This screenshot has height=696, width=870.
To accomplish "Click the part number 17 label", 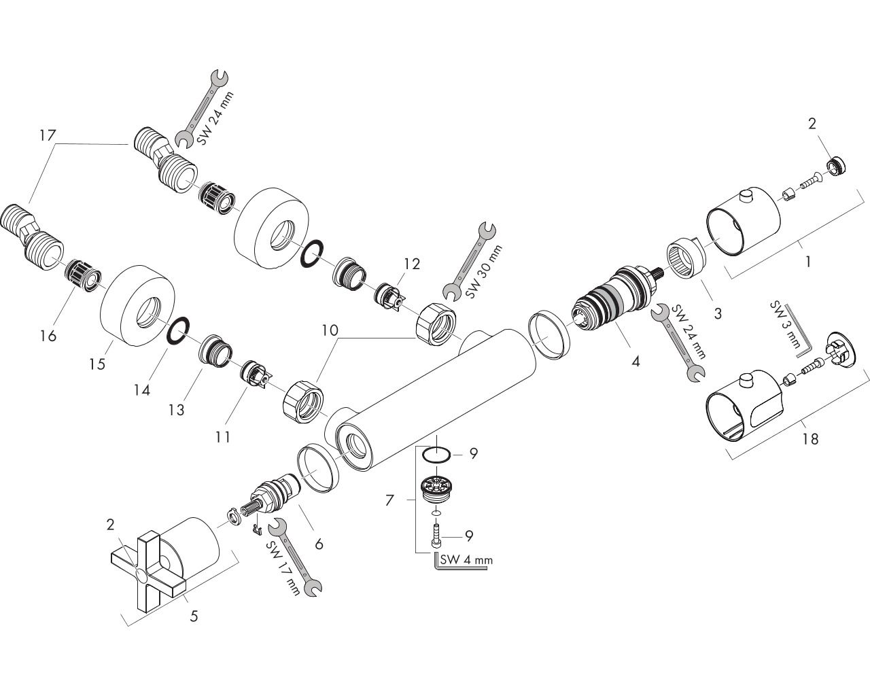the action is tap(48, 135).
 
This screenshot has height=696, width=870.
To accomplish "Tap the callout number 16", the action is tap(48, 336).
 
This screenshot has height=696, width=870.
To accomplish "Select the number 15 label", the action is tap(97, 364).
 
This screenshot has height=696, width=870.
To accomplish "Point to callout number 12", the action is tap(411, 264).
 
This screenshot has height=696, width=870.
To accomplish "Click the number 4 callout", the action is tap(636, 362).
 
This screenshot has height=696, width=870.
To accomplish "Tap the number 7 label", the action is tap(389, 501).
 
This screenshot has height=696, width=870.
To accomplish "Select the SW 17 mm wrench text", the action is tap(283, 568).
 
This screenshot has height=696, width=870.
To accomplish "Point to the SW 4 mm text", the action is tap(466, 560).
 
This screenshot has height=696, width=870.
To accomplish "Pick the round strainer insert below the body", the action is tap(436, 488).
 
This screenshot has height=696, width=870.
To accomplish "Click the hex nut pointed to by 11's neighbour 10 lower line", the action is tap(303, 401).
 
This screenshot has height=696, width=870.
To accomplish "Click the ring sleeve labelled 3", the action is tap(686, 258).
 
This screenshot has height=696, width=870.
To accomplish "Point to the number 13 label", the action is tap(176, 410).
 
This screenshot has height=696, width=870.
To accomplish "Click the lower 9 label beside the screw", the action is tap(469, 536).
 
